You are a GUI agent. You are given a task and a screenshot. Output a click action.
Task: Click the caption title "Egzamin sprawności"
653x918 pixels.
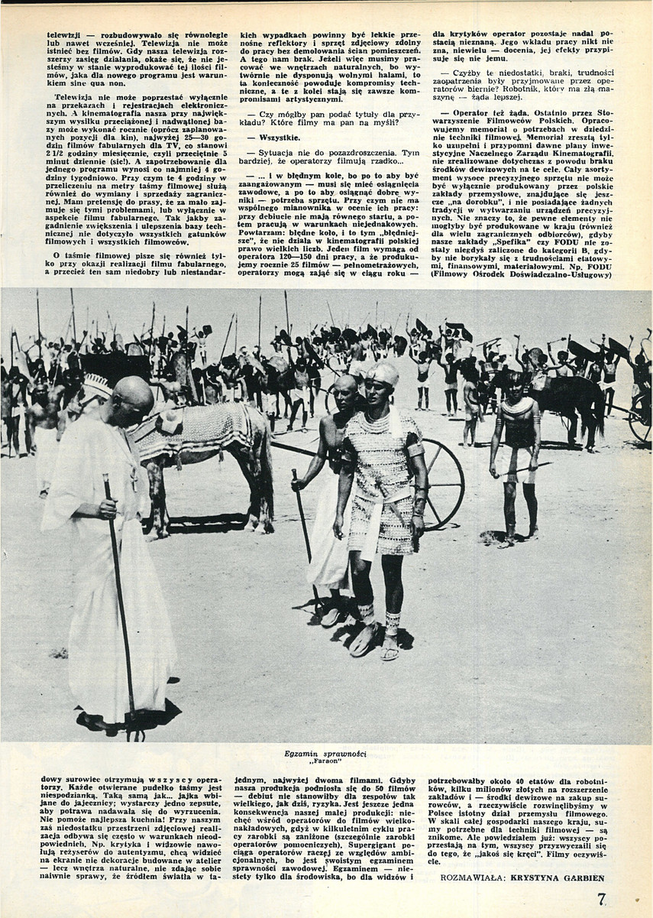pyautogui.click(x=325, y=754)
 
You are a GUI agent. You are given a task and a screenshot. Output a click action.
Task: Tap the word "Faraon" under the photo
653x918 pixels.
pyautogui.click(x=325, y=762)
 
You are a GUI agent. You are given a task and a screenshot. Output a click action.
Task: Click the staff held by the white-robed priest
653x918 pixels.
pyautogui.click(x=121, y=596)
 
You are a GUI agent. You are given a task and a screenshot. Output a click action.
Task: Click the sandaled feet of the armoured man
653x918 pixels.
pyautogui.click(x=374, y=642)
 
